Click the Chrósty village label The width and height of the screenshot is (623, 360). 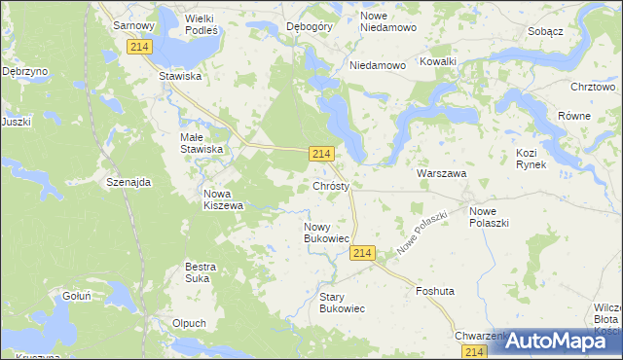(338, 185)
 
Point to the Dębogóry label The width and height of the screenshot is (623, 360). (311, 27)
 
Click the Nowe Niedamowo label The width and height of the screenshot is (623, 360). (388, 21)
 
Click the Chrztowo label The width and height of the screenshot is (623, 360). (594, 87)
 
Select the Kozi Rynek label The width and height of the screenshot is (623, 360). (531, 160)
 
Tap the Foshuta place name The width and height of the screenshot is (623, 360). (435, 291)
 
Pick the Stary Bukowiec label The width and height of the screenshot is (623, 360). (342, 303)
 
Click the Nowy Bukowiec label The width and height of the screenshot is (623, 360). (327, 233)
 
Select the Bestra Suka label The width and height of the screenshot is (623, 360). (201, 272)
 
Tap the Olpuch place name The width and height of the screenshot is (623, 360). (188, 323)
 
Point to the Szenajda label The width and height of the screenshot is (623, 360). (128, 182)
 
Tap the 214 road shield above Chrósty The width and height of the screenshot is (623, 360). (323, 154)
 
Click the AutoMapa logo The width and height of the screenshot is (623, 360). (558, 341)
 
